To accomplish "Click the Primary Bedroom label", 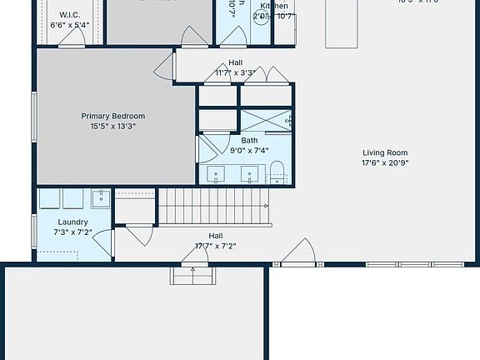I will tap(112, 116).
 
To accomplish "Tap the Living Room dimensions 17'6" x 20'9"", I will tap(384, 164).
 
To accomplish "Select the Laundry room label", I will tap(73, 222).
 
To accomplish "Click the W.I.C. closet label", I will tap(69, 15).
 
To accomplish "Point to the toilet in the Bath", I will tap(278, 173).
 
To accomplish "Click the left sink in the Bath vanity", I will tap(217, 175).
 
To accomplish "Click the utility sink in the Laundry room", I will tap(102, 198).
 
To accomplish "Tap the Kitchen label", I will tap(274, 6).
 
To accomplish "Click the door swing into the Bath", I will tap(205, 150).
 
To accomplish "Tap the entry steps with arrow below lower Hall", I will tap(193, 274).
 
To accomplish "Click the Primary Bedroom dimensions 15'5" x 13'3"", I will tap(112, 127).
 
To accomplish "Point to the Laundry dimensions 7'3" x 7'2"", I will tap(73, 232).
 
